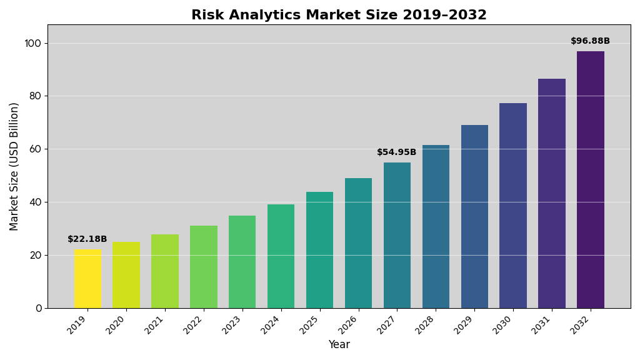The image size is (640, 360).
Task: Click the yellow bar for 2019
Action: point(87,279)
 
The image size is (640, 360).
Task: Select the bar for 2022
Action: point(204,267)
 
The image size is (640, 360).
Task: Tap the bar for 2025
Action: point(319,250)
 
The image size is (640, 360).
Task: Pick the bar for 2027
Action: point(397,235)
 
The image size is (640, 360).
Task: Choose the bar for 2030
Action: point(513,206)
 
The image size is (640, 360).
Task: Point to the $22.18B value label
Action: point(87,239)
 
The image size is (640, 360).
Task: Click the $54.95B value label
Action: point(397,152)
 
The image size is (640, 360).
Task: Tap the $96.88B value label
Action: point(591,41)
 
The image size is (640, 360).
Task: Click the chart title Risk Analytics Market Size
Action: point(339,15)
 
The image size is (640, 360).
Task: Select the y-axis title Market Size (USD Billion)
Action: point(14,166)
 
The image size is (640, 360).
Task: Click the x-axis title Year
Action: point(339,345)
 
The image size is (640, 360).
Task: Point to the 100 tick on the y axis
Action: point(32,43)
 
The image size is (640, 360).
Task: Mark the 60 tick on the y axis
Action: point(35,149)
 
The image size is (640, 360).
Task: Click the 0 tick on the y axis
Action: point(38,308)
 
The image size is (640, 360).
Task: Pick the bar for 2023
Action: point(242,262)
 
